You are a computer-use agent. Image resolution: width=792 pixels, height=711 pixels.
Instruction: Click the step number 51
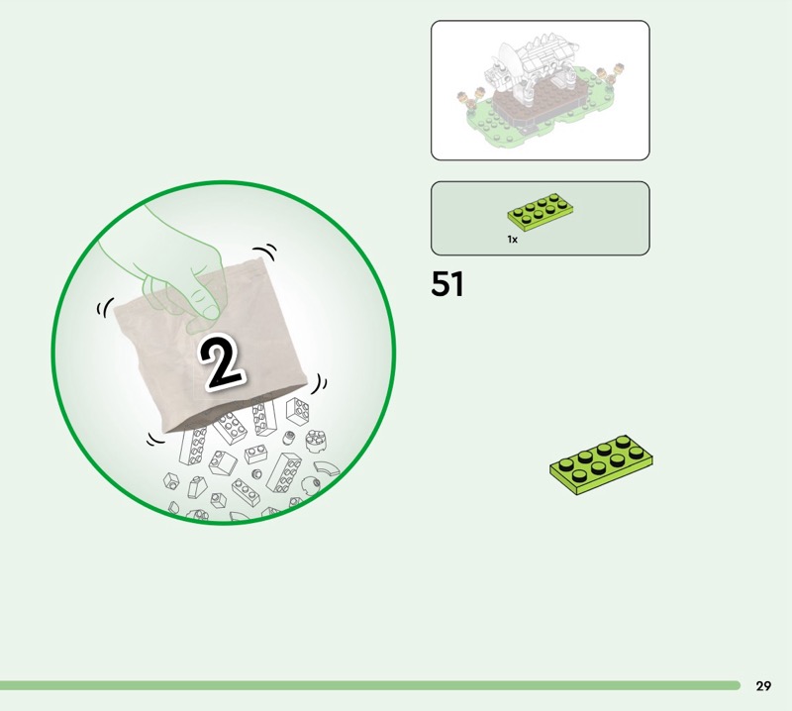[447, 284]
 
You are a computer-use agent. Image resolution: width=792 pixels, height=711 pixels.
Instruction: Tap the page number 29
[763, 685]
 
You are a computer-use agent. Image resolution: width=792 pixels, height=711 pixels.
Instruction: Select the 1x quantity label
[512, 240]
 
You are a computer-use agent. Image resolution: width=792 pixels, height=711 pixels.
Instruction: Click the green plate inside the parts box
[541, 212]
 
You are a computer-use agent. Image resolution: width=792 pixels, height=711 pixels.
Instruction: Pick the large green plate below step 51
[601, 464]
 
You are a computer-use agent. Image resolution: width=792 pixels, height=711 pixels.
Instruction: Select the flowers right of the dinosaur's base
[610, 74]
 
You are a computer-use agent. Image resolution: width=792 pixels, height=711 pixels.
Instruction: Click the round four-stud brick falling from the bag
[316, 440]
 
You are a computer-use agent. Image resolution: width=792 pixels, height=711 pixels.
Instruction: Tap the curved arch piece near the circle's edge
[328, 468]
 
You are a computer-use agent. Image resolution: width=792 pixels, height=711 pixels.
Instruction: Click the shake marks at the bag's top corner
[266, 251]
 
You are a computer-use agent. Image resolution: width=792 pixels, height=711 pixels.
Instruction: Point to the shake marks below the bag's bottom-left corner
[155, 440]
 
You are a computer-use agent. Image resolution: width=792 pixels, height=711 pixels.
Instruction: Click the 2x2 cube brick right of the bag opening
[298, 410]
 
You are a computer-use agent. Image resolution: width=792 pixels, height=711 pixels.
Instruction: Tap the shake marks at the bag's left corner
[105, 307]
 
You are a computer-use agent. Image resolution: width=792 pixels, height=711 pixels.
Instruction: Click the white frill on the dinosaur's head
[508, 59]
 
